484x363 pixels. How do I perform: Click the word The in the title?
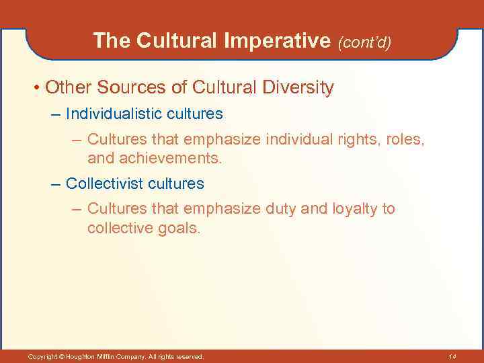pos(112,41)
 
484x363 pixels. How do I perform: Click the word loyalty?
pos(355,208)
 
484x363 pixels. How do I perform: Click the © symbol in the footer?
pos(62,356)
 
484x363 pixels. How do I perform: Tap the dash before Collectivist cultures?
pos(57,183)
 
